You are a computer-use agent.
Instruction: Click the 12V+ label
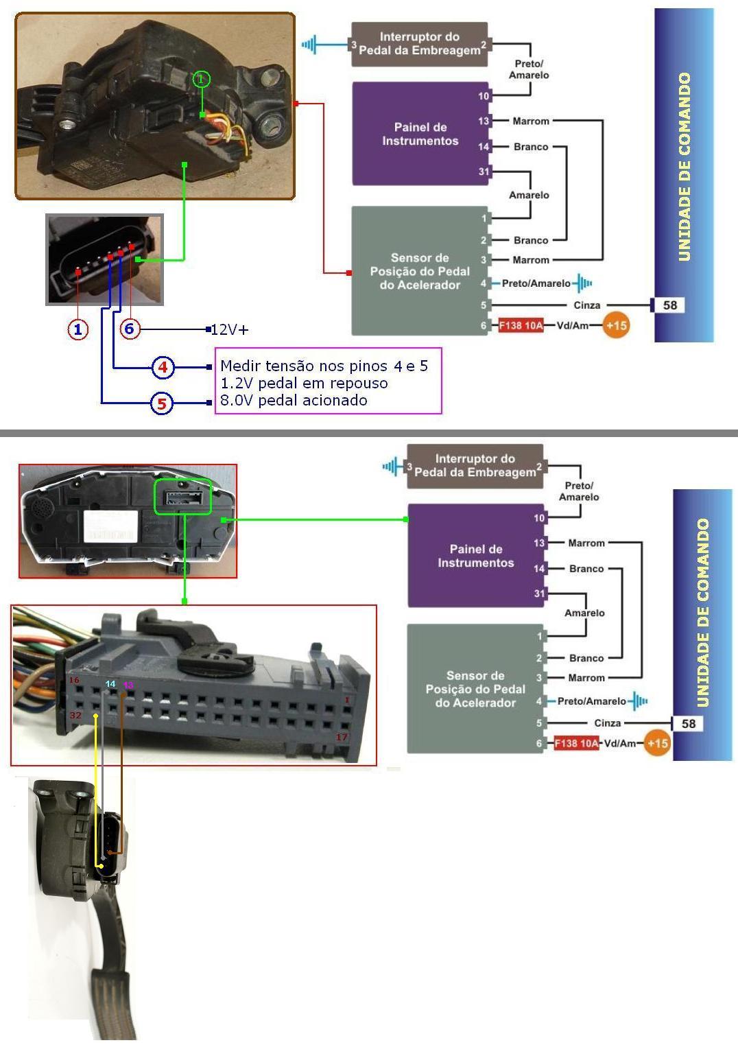[x=230, y=329]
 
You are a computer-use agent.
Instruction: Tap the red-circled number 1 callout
[x=78, y=329]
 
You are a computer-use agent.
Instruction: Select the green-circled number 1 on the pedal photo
[x=200, y=80]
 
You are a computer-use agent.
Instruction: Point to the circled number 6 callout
[x=129, y=329]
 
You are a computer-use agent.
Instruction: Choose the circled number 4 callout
[x=163, y=367]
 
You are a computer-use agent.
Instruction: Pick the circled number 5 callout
[x=161, y=403]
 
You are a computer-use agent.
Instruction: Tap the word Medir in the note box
[x=239, y=366]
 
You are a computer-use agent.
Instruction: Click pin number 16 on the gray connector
[x=74, y=680]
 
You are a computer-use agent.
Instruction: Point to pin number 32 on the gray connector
[x=75, y=715]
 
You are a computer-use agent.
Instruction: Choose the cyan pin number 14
[x=110, y=684]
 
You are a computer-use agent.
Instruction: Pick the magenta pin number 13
[x=128, y=685]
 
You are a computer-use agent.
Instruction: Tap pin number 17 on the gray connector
[x=341, y=737]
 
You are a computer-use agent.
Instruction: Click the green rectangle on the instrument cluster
[x=182, y=496]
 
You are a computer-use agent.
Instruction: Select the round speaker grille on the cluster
[x=43, y=508]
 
